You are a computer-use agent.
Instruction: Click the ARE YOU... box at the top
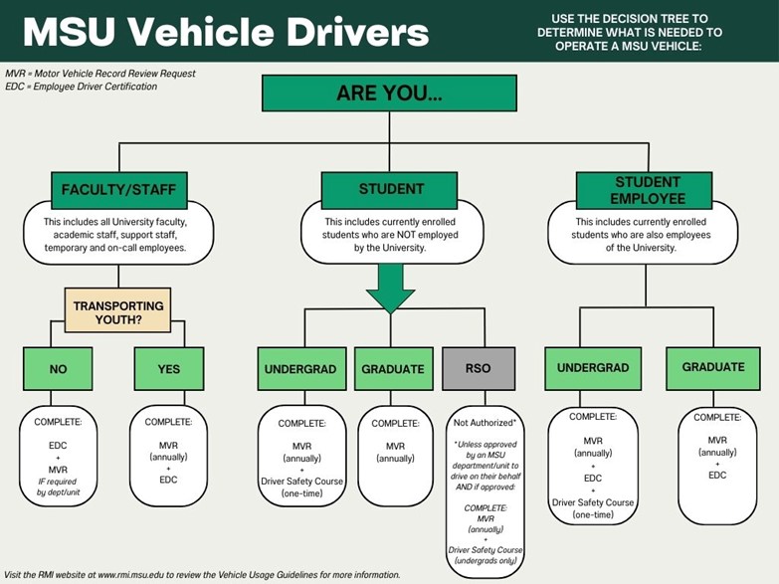click(x=389, y=93)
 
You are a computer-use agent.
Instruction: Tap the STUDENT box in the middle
click(x=390, y=189)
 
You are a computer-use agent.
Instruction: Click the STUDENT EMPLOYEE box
click(x=646, y=189)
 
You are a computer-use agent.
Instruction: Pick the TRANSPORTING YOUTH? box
click(x=118, y=310)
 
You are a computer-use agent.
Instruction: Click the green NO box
click(x=59, y=369)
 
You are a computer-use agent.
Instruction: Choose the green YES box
click(x=169, y=369)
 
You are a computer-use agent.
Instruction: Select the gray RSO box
click(x=480, y=369)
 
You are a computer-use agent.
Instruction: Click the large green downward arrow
click(x=390, y=289)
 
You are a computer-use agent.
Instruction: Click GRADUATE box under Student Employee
click(x=712, y=368)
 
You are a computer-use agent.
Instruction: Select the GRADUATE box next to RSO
click(x=393, y=369)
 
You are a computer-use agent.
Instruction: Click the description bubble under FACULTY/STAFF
click(x=118, y=234)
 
